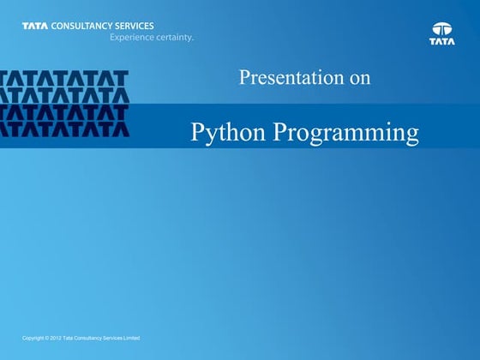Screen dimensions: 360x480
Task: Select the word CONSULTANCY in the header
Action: [82, 26]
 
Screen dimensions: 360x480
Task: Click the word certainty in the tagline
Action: [175, 38]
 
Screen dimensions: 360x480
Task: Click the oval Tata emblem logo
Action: [442, 27]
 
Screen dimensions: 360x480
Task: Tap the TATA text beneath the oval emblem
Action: [442, 40]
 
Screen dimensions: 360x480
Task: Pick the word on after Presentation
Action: [359, 78]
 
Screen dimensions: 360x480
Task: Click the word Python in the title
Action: [227, 133]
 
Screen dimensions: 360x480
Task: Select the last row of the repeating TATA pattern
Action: [64, 129]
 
